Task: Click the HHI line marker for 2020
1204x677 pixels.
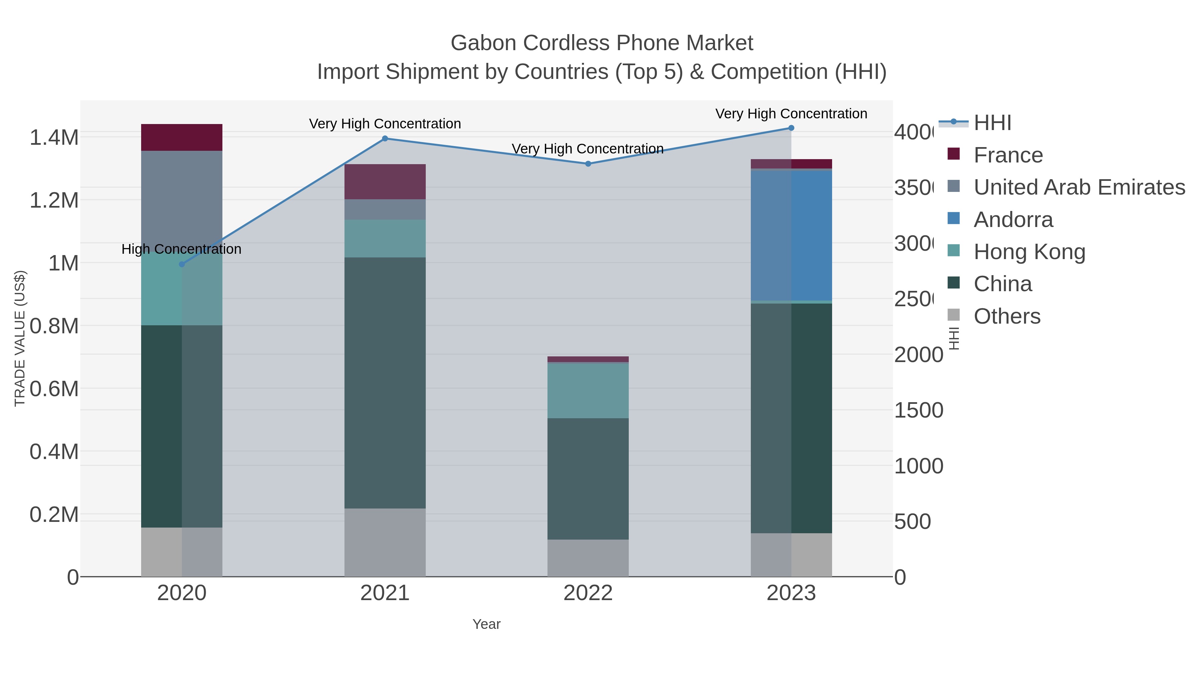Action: click(x=182, y=264)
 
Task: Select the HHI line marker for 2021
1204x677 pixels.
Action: click(x=385, y=138)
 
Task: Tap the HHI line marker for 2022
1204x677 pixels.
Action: click(x=588, y=163)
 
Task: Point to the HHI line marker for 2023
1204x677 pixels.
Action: click(x=791, y=128)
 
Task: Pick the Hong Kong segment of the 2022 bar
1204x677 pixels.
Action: click(x=588, y=390)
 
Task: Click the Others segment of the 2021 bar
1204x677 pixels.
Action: click(x=385, y=542)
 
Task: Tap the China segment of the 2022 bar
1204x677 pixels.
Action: click(x=588, y=478)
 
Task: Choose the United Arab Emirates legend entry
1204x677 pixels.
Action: click(x=1079, y=187)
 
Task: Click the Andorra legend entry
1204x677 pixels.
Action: click(x=1013, y=220)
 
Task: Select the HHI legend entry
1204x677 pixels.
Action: click(x=992, y=123)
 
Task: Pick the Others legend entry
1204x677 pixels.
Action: click(x=1007, y=316)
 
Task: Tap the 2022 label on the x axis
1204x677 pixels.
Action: click(x=588, y=593)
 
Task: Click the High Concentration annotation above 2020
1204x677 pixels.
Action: click(x=181, y=249)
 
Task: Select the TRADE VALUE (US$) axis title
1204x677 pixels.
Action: click(x=20, y=338)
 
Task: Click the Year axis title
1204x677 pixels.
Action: click(x=486, y=624)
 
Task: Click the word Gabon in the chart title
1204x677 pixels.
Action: click(x=483, y=43)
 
